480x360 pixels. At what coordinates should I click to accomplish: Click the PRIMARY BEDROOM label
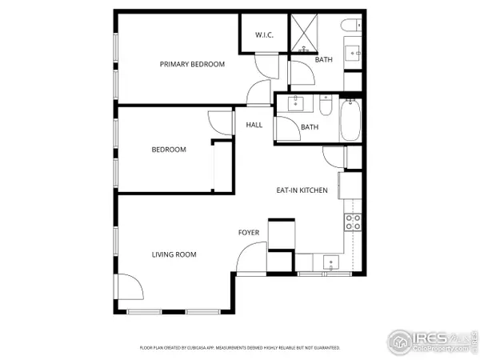(x=192, y=64)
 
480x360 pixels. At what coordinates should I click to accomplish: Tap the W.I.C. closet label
(x=265, y=35)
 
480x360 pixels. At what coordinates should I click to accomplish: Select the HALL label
(x=254, y=125)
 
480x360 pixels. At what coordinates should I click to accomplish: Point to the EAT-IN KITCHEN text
(x=302, y=190)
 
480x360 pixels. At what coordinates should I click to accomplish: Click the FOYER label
(x=249, y=233)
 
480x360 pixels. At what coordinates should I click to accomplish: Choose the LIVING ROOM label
(x=174, y=254)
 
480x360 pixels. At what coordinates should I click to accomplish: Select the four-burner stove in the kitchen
(x=353, y=222)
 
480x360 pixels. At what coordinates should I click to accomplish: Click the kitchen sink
(x=329, y=262)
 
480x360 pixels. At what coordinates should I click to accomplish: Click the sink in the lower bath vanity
(x=296, y=102)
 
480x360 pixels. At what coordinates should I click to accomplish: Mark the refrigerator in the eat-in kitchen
(x=350, y=185)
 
